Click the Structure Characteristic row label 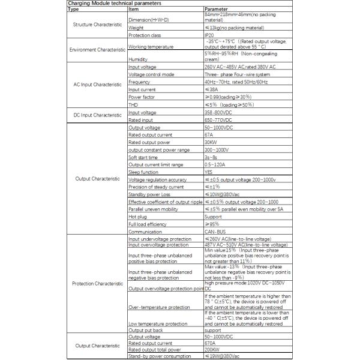(x=97, y=26)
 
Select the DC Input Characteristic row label (x=97, y=115)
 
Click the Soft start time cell (x=145, y=157)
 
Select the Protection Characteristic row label (x=97, y=283)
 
